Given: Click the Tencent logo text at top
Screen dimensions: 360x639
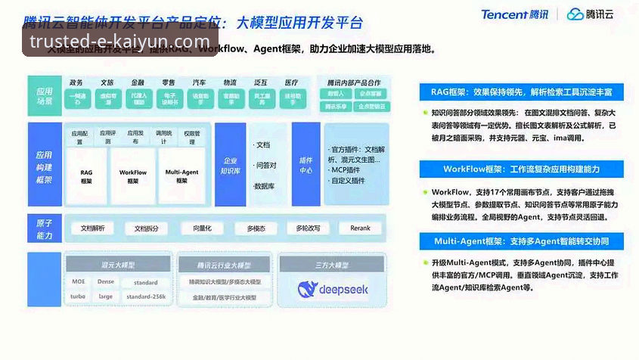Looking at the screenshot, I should coord(514,14).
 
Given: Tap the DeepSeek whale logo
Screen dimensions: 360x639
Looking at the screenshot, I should coord(308,288).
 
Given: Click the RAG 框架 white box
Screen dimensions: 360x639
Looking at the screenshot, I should coord(86,177).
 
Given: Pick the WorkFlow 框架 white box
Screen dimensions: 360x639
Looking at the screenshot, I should coord(133,177).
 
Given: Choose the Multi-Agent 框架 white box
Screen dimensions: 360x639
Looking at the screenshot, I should coord(181,177).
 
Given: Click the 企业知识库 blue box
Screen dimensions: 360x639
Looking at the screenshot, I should coord(230,165).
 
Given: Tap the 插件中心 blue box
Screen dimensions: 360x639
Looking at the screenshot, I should coord(306,165).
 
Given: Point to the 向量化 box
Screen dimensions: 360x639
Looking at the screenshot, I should coord(202,228).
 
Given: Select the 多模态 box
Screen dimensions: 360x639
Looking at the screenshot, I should coord(256,228).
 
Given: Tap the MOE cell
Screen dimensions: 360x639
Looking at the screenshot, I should coord(78,282).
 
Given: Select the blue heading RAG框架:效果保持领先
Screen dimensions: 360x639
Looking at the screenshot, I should coord(522,92).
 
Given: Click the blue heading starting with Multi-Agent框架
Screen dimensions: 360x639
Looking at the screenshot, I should coord(522,241).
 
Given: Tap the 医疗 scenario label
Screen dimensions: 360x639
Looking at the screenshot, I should coord(291,82).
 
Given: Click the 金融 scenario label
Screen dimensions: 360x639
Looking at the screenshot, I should coord(138,82).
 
